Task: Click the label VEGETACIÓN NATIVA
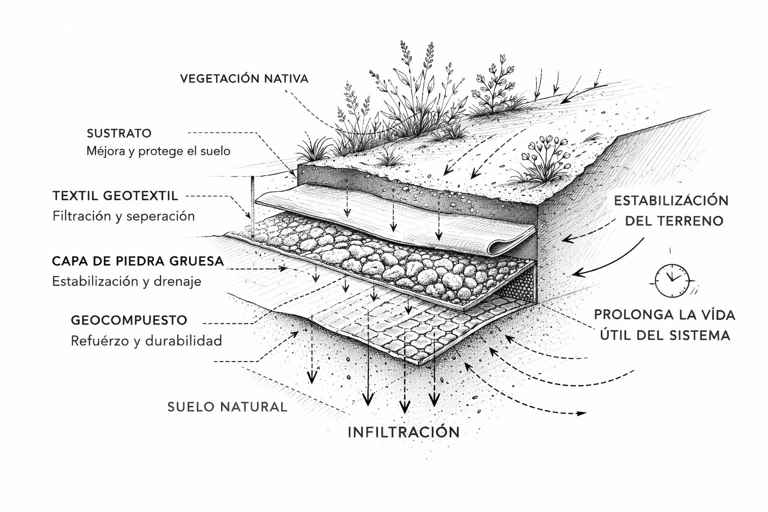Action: coord(244,78)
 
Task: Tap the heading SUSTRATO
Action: coord(119,133)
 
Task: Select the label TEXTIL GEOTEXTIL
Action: coord(115,196)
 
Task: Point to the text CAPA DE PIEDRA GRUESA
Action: coord(138,261)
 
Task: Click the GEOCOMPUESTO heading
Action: coord(129,320)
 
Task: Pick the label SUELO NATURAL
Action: coord(227,406)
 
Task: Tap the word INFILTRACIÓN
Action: coord(403,432)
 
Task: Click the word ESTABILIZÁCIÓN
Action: coord(671,200)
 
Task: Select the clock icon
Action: coord(672,279)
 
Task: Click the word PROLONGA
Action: coord(631,315)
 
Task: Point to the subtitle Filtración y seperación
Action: coord(123,216)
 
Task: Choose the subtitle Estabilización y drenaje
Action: coord(126,281)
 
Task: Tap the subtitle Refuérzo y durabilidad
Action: coord(146,341)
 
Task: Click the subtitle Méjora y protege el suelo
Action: coord(158,150)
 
